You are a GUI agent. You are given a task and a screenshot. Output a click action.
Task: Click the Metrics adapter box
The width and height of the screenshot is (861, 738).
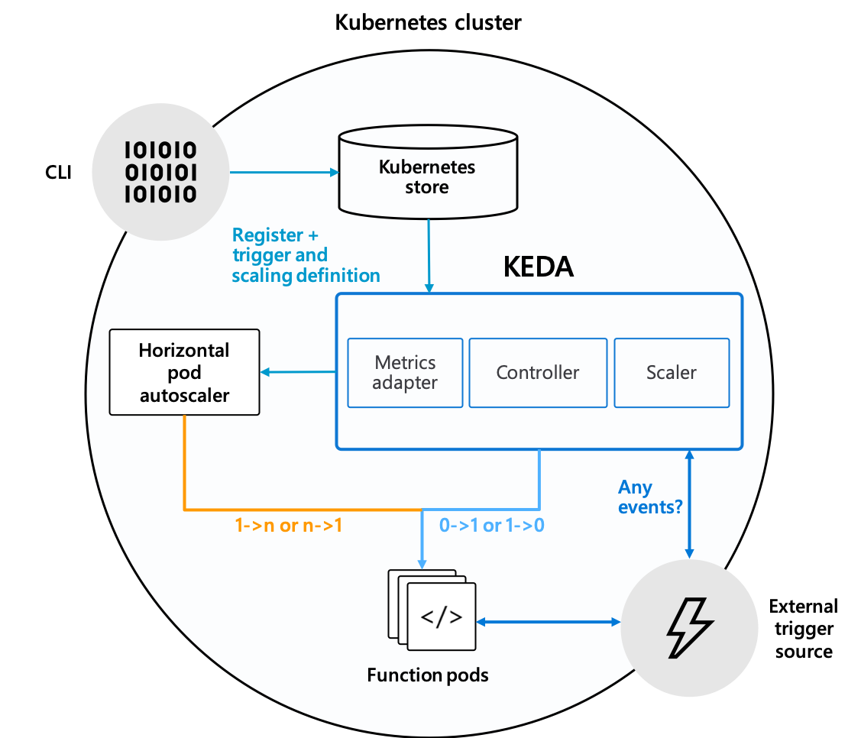pyautogui.click(x=405, y=372)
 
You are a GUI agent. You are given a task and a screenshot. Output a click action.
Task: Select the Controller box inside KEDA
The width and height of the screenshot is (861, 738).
pyautogui.click(x=538, y=372)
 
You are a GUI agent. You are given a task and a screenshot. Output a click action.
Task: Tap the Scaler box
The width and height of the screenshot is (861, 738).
pyautogui.click(x=672, y=372)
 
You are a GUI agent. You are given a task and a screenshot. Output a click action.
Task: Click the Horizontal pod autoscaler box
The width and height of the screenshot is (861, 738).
pyautogui.click(x=184, y=372)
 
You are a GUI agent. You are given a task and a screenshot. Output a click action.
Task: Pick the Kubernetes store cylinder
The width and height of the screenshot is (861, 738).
pyautogui.click(x=427, y=175)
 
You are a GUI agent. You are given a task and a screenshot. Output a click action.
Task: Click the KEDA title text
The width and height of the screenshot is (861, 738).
pyautogui.click(x=538, y=267)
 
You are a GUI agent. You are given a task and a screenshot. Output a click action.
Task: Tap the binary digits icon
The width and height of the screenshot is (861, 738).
pyautogui.click(x=160, y=172)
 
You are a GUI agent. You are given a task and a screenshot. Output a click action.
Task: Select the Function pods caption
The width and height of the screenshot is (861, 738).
pyautogui.click(x=427, y=675)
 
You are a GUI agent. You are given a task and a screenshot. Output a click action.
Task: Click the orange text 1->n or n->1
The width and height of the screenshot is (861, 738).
pyautogui.click(x=288, y=526)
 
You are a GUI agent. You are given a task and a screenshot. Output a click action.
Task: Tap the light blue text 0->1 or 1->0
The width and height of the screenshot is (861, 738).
pyautogui.click(x=491, y=526)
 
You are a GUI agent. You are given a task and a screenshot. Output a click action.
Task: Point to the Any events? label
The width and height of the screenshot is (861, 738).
pyautogui.click(x=649, y=497)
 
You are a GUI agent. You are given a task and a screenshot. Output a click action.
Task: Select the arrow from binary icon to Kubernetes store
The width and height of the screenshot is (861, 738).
pyautogui.click(x=283, y=172)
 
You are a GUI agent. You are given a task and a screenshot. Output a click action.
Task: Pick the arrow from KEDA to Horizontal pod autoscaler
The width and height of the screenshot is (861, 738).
pyautogui.click(x=298, y=372)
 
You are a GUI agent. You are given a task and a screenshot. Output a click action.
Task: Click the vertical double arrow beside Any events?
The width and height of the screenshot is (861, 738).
pyautogui.click(x=690, y=504)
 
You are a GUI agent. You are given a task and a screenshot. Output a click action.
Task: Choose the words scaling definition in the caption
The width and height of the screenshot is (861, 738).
pyautogui.click(x=306, y=275)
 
